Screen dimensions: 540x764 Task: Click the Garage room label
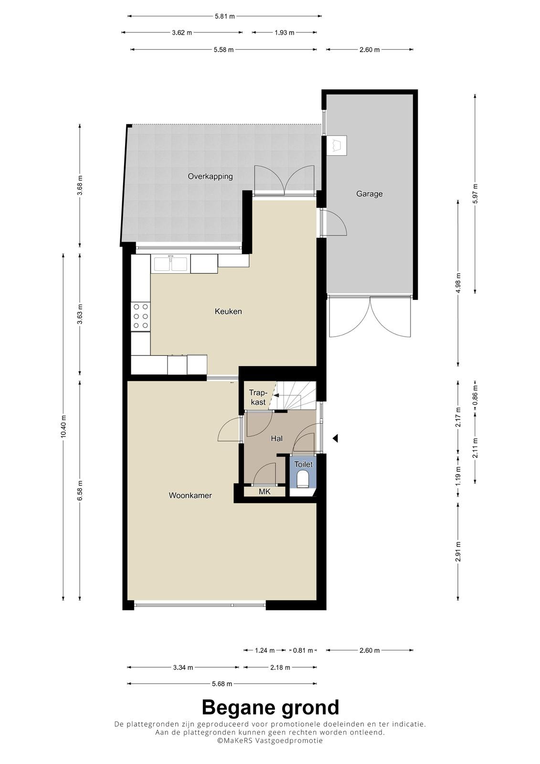point(369,194)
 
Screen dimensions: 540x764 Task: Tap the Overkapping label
point(210,176)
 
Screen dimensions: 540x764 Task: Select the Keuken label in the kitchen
point(228,311)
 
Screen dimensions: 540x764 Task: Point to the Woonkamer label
point(191,495)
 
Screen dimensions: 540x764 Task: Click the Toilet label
point(303,464)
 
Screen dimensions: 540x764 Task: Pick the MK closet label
point(265,491)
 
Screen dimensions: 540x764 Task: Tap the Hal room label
point(276,439)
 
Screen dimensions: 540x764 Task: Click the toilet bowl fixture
point(303,478)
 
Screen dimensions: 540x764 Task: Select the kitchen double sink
point(170,264)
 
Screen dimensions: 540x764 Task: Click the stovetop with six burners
point(141,316)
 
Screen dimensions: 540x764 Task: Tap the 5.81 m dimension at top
point(225,16)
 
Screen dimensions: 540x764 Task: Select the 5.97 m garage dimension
point(475,193)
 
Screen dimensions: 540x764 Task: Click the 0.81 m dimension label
point(303,650)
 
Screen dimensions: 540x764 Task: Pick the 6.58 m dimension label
point(80,490)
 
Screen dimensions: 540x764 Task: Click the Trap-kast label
point(258,397)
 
